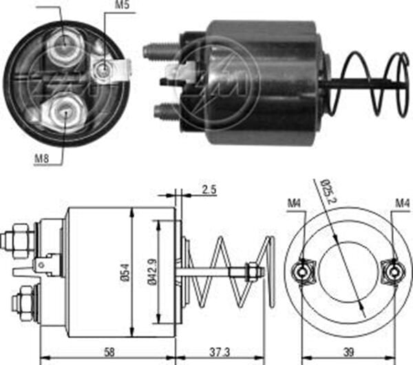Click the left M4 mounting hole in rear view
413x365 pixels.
tap(301, 271)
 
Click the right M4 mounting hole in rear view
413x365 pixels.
tap(393, 271)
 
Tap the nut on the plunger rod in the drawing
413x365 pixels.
tap(252, 273)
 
